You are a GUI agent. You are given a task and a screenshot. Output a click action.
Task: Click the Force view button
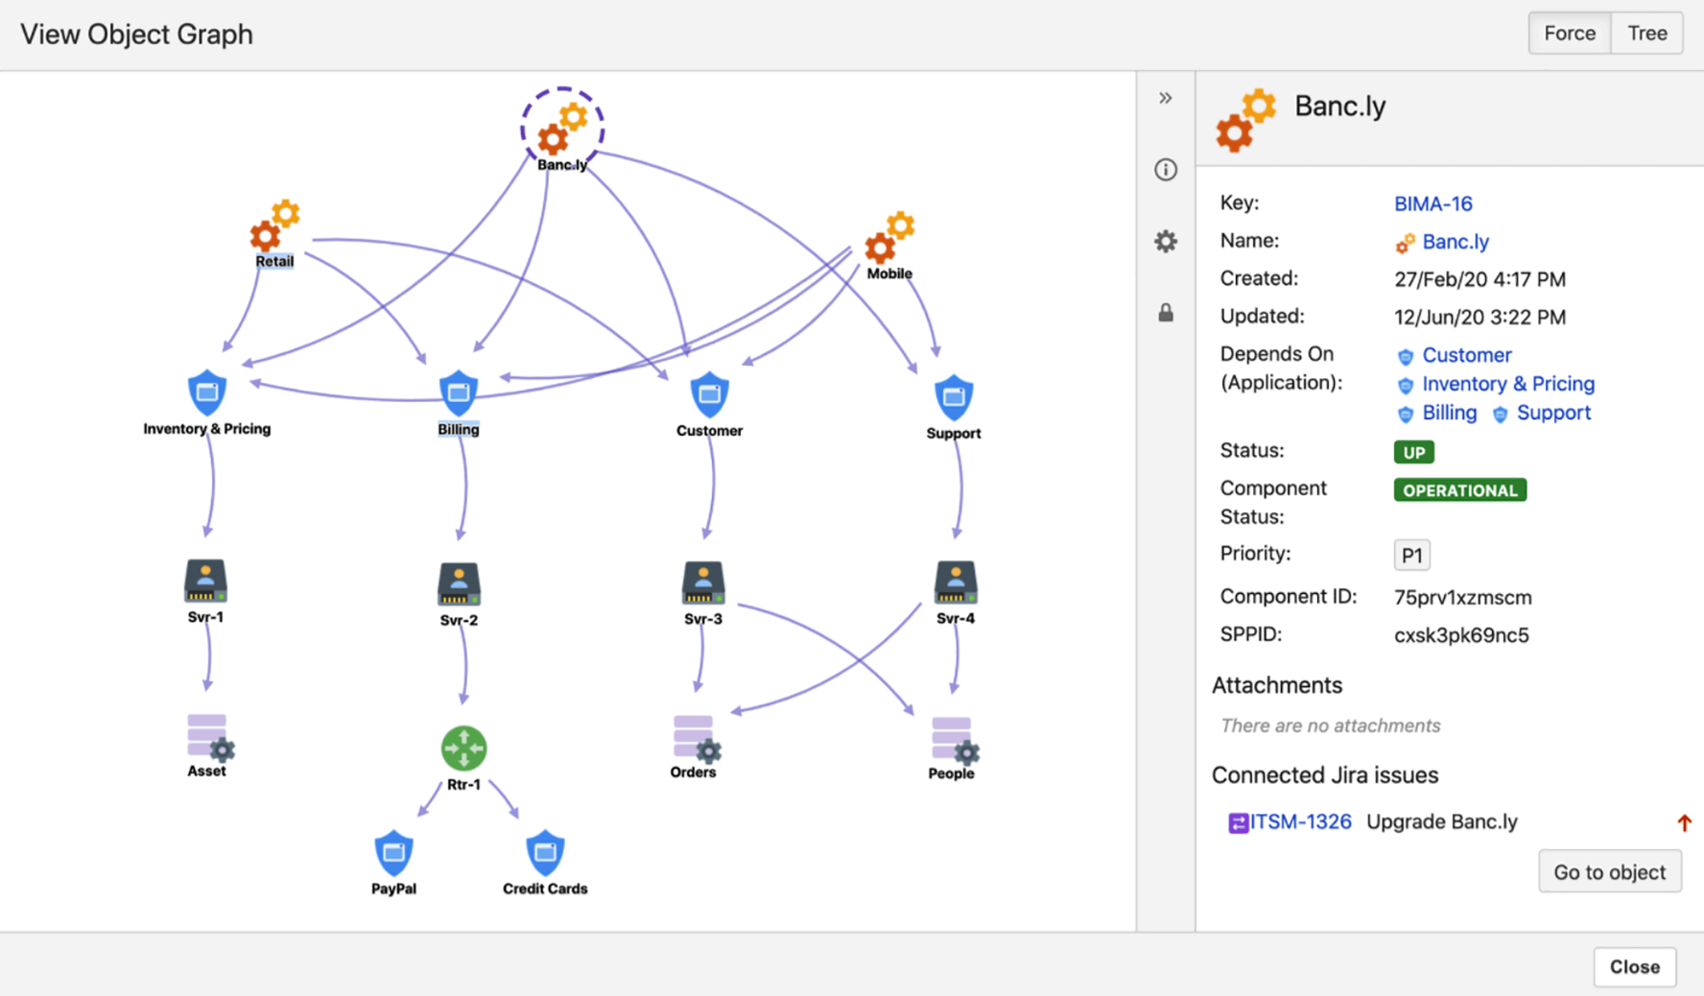point(1569,34)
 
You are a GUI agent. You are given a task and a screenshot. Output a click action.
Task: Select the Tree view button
point(1646,34)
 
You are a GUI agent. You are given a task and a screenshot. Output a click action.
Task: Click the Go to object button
point(1609,871)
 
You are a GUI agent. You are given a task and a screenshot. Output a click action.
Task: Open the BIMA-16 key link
point(1432,203)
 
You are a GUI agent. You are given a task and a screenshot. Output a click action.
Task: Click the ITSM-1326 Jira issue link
point(1299,821)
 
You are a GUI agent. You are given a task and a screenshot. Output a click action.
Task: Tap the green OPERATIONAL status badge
point(1459,490)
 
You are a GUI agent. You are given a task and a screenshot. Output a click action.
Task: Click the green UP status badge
point(1413,452)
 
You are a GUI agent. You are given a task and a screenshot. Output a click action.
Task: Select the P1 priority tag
point(1411,555)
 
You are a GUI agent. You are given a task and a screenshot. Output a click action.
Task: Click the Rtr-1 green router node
point(463,747)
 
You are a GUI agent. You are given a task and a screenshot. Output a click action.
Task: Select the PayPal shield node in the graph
point(393,851)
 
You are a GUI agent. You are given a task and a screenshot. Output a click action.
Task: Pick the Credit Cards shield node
point(545,851)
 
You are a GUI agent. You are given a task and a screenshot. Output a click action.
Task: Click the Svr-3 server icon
point(703,582)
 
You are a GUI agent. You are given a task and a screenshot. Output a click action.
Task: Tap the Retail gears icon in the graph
point(274,226)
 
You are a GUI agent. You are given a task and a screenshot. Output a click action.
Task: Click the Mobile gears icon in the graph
point(889,238)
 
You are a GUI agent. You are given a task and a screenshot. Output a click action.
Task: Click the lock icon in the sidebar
point(1165,313)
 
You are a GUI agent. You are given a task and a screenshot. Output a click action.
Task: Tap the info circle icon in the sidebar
point(1165,170)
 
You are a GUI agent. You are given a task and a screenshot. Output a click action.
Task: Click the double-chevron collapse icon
point(1165,98)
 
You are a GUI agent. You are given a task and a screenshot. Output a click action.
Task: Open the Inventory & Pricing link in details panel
point(1507,384)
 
